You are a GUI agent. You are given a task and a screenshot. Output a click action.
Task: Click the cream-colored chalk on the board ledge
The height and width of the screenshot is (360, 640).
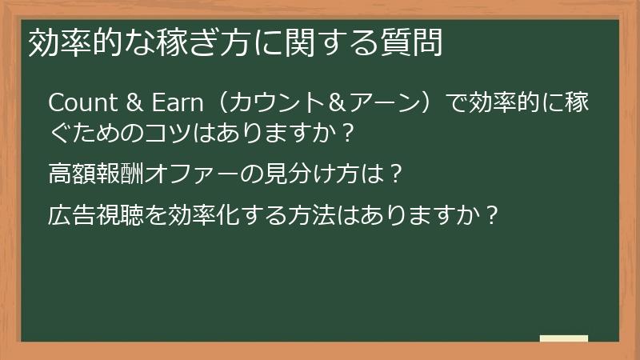(563, 338)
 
